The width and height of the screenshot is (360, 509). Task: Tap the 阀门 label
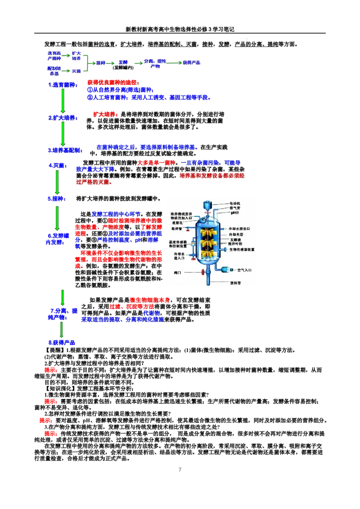pos(178,273)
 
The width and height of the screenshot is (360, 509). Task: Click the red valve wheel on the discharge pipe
pos(204,272)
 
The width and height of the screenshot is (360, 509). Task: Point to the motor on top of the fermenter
pos(207,205)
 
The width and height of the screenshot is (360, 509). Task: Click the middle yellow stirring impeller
pos(208,243)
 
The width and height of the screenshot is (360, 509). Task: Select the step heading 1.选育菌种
pos(63,85)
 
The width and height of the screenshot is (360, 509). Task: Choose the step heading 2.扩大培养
pos(63,118)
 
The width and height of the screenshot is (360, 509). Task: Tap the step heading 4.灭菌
pos(58,165)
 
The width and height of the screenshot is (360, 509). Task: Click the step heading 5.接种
pos(57,198)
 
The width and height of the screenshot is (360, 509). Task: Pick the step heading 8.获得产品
pos(62,343)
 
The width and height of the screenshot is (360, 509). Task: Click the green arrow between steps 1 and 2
pos(63,101)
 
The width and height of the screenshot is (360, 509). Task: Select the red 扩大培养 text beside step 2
pos(105,114)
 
